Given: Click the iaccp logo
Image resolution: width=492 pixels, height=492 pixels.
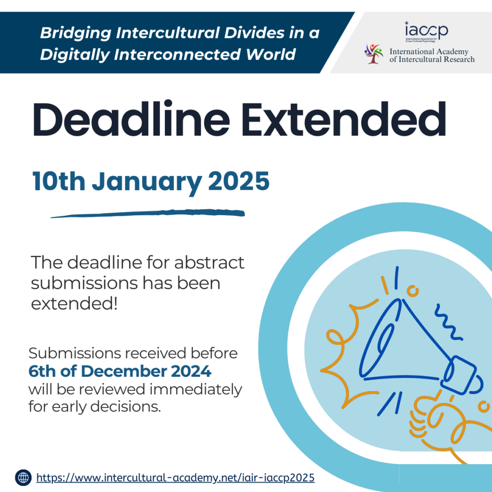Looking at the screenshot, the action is [x=426, y=31].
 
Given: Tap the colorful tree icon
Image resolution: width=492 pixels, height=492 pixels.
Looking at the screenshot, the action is [x=374, y=54].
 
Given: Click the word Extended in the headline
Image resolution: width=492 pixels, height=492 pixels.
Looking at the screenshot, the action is [x=344, y=120].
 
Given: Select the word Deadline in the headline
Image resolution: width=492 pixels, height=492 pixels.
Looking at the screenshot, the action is [x=131, y=119].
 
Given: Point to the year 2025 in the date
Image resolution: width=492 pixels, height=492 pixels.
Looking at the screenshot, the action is [x=239, y=181].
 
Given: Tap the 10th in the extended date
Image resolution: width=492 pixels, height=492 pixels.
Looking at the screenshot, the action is [x=59, y=181].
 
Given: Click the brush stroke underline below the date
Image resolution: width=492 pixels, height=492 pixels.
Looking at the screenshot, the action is [x=148, y=213].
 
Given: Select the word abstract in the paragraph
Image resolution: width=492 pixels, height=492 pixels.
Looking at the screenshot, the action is [x=209, y=262].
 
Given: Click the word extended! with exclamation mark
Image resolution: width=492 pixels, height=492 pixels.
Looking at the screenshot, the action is [x=74, y=304].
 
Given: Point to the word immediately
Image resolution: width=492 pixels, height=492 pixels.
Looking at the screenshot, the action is [x=196, y=390].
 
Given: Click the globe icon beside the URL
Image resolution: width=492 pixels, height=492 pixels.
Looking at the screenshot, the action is [x=23, y=478].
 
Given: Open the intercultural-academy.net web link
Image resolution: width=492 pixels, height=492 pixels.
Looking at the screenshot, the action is [x=175, y=478].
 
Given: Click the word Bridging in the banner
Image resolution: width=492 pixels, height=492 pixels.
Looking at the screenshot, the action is [x=75, y=33].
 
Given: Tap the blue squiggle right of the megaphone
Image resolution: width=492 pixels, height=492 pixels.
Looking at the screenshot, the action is [x=448, y=322].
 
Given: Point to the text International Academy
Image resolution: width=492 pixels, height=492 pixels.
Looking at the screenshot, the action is [x=429, y=51].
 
